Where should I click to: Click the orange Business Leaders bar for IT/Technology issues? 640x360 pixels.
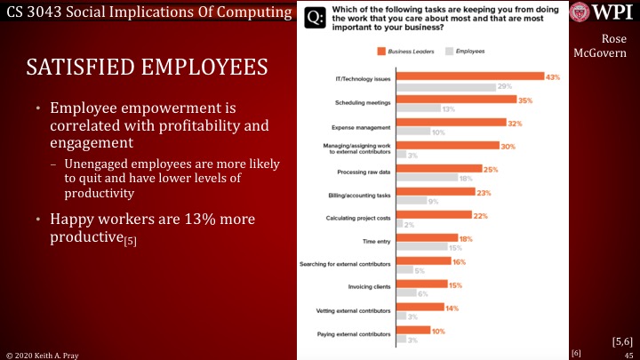pyautogui.click(x=469, y=76)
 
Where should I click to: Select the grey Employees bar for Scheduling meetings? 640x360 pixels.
pyautogui.click(x=418, y=109)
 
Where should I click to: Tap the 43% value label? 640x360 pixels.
pyautogui.click(x=553, y=77)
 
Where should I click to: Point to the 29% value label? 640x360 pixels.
pyautogui.click(x=504, y=87)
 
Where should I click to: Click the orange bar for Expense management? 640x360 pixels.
pyautogui.click(x=451, y=123)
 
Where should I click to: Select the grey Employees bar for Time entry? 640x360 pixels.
pyautogui.click(x=421, y=247)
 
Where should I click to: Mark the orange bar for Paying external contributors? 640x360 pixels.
pyautogui.click(x=412, y=330)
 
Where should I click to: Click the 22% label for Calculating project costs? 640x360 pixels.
pyautogui.click(x=481, y=215)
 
